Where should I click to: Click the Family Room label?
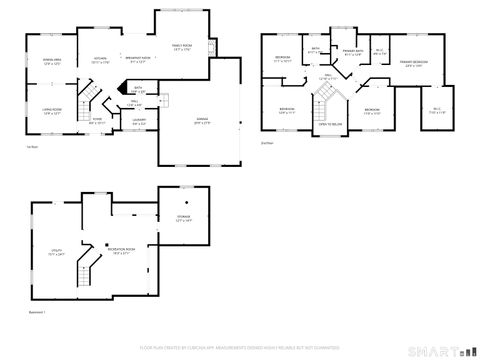click(182, 46)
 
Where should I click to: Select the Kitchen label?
click(100, 60)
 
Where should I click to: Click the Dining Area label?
click(53, 62)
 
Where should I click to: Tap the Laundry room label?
click(139, 121)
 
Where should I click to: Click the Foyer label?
click(97, 121)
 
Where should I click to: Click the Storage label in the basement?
click(182, 218)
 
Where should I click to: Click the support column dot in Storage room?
click(185, 200)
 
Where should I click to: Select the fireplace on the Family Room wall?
click(212, 47)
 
